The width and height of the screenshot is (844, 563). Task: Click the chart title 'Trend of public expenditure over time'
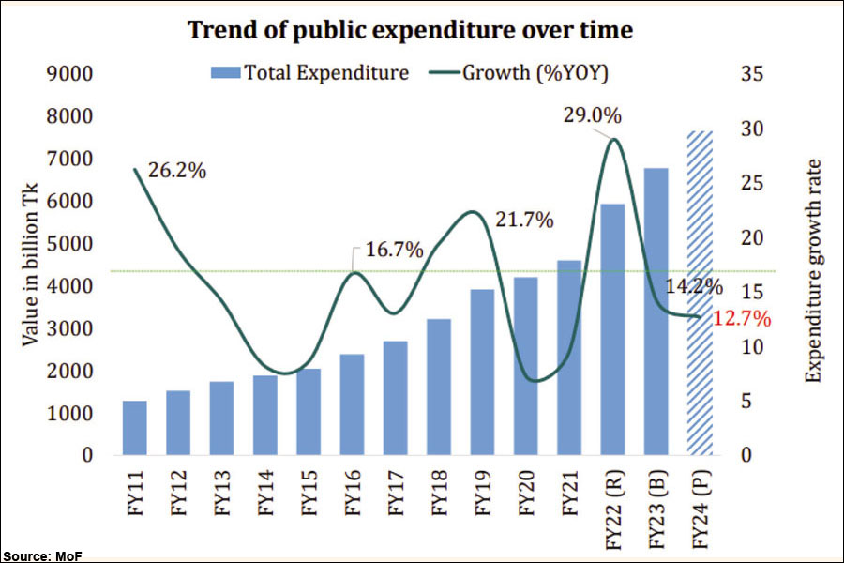click(x=411, y=30)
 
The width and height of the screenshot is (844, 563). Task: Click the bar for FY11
click(x=135, y=428)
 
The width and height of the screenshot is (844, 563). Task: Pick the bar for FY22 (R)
click(x=612, y=329)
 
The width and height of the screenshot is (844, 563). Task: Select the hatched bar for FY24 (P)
click(x=700, y=294)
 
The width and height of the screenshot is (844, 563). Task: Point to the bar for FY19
click(x=482, y=373)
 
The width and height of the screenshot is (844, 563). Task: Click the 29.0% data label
click(x=592, y=115)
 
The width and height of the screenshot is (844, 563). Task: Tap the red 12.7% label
click(x=741, y=319)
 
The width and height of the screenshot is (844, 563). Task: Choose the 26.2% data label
click(x=177, y=172)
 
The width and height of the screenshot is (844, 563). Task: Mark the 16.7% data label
click(x=394, y=251)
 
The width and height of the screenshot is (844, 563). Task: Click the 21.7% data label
click(x=523, y=221)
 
